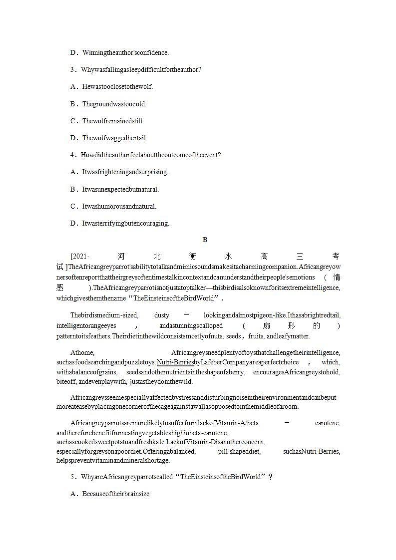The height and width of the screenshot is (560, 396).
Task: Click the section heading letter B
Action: [x=205, y=240]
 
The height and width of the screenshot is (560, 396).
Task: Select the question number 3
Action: [x=73, y=69]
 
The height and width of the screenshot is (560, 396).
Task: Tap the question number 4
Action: [x=73, y=155]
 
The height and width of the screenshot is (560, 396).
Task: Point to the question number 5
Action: [x=73, y=477]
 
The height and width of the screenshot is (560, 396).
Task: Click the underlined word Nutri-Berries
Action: [x=175, y=362]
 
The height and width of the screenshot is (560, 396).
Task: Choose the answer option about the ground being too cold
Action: [x=114, y=104]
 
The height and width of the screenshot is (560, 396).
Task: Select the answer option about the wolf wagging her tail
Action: [x=115, y=138]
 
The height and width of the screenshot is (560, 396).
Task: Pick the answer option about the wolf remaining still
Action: [x=113, y=121]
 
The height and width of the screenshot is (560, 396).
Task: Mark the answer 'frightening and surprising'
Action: [x=125, y=172]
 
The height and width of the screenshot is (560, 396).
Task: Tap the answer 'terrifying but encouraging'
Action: [x=125, y=223]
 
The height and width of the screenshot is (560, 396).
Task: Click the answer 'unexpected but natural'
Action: [x=120, y=189]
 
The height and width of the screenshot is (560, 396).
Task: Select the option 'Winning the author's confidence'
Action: [x=125, y=52]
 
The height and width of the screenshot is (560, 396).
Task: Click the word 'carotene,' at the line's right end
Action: [x=328, y=423]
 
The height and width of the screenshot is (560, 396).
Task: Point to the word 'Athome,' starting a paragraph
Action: [x=82, y=353]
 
